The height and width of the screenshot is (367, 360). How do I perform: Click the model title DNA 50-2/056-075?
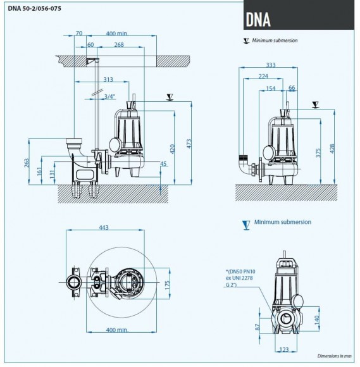click(35, 8)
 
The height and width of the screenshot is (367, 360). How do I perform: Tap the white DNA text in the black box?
click(258, 20)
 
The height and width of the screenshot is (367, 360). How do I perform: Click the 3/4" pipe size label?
click(109, 96)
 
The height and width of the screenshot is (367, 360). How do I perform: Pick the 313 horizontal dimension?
click(108, 79)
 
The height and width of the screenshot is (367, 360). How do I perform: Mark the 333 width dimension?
click(271, 65)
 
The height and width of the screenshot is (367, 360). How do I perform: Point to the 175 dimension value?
click(168, 284)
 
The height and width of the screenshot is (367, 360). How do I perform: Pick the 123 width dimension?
click(284, 349)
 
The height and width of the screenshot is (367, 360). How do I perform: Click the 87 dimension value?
click(258, 327)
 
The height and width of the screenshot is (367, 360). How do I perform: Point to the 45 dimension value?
click(163, 165)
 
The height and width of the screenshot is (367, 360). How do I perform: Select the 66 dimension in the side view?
click(292, 89)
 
